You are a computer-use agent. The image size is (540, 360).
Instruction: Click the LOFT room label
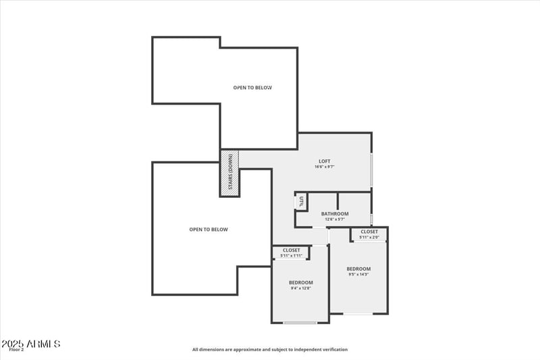point(325,161)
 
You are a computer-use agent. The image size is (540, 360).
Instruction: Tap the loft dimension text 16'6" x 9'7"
point(325,167)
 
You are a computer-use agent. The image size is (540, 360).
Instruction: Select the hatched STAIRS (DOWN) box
point(230,173)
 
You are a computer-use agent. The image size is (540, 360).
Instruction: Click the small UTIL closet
point(301,201)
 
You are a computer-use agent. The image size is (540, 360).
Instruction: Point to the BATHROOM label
point(335,213)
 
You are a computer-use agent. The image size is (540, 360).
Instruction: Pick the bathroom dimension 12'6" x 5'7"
point(335,219)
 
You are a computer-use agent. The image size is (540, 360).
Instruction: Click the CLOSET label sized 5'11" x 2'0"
point(369,232)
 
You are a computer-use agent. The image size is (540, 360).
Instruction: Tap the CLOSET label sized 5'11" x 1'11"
point(291,250)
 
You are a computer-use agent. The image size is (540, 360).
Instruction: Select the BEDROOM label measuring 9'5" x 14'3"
point(358,269)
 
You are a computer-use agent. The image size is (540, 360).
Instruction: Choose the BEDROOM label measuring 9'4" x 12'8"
point(300,282)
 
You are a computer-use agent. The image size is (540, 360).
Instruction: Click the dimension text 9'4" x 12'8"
point(300,288)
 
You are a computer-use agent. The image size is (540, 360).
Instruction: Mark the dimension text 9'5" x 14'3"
point(358,275)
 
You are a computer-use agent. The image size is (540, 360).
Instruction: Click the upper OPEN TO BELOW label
point(252,88)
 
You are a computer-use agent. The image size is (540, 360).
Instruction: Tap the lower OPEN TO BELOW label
point(209,230)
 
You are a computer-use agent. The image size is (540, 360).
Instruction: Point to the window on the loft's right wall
point(371,170)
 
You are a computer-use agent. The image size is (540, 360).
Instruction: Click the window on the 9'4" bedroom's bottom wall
point(300,323)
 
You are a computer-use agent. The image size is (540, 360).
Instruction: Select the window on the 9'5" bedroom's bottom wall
point(358,313)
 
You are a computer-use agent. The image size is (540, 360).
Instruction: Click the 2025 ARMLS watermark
point(31,344)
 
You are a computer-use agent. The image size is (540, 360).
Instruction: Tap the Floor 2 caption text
point(16,350)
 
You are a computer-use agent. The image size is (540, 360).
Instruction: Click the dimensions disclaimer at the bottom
point(270,350)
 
